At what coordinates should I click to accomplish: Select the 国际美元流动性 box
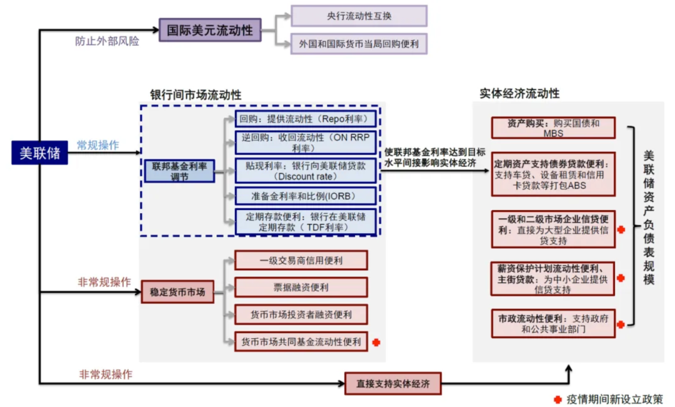pyautogui.click(x=209, y=30)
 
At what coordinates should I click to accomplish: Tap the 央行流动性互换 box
pyautogui.click(x=359, y=16)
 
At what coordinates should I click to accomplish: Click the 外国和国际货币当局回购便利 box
pyautogui.click(x=359, y=44)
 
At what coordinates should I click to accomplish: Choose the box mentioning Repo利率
pyautogui.click(x=306, y=119)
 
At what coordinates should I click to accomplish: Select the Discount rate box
pyautogui.click(x=306, y=171)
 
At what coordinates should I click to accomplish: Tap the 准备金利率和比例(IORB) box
pyautogui.click(x=306, y=196)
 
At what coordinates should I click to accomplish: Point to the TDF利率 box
pyautogui.click(x=306, y=222)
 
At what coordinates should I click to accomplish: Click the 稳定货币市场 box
pyautogui.click(x=177, y=292)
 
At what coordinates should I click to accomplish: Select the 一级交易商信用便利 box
pyautogui.click(x=301, y=260)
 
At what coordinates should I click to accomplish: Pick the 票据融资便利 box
pyautogui.click(x=301, y=288)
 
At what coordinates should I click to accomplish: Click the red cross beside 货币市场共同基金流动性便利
pyautogui.click(x=376, y=342)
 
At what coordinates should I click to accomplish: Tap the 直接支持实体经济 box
pyautogui.click(x=392, y=383)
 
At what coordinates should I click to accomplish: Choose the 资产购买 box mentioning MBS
pyautogui.click(x=553, y=128)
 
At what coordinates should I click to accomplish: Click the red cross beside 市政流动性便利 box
pyautogui.click(x=621, y=324)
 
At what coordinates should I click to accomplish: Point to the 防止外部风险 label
pyautogui.click(x=107, y=41)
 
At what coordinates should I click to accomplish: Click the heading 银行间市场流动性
pyautogui.click(x=196, y=95)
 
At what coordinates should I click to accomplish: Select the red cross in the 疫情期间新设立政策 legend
pyautogui.click(x=557, y=399)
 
